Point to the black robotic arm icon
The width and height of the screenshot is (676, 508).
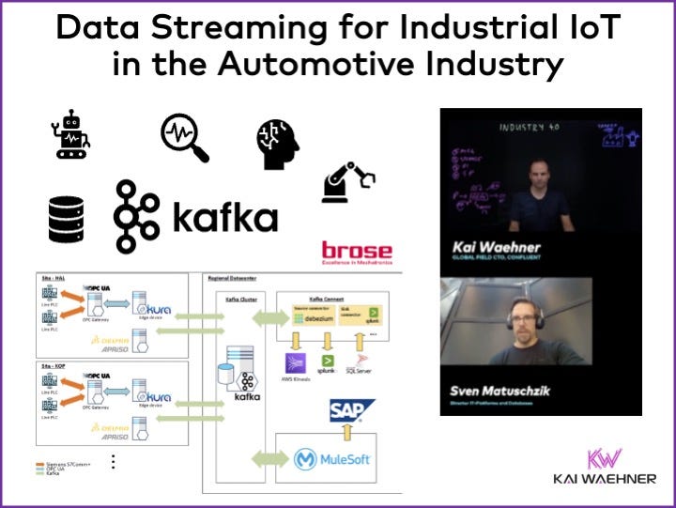click(x=346, y=181)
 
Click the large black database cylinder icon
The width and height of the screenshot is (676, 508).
click(x=66, y=219)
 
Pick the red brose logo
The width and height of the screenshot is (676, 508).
click(x=357, y=252)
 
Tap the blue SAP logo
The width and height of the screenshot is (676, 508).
click(x=351, y=409)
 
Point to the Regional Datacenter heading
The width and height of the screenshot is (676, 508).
click(x=235, y=278)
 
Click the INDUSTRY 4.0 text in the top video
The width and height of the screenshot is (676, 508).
click(x=528, y=127)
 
